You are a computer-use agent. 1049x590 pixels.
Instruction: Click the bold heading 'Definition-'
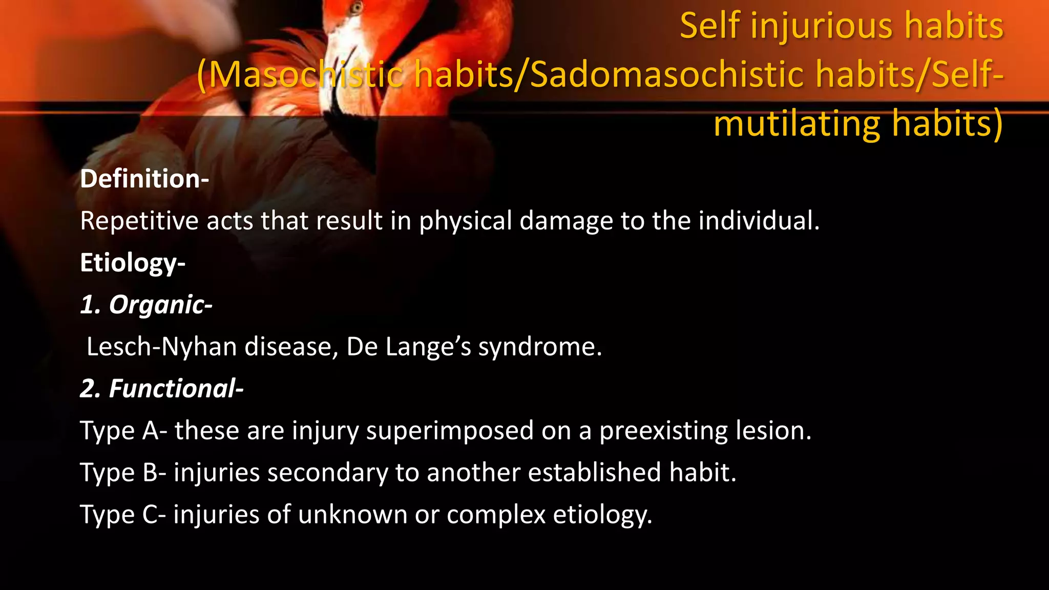[144, 179]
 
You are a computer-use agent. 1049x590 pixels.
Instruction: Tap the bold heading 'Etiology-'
[133, 263]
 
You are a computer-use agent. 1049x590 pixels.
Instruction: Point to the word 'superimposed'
[450, 431]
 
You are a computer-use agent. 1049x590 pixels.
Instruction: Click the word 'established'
[595, 473]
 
